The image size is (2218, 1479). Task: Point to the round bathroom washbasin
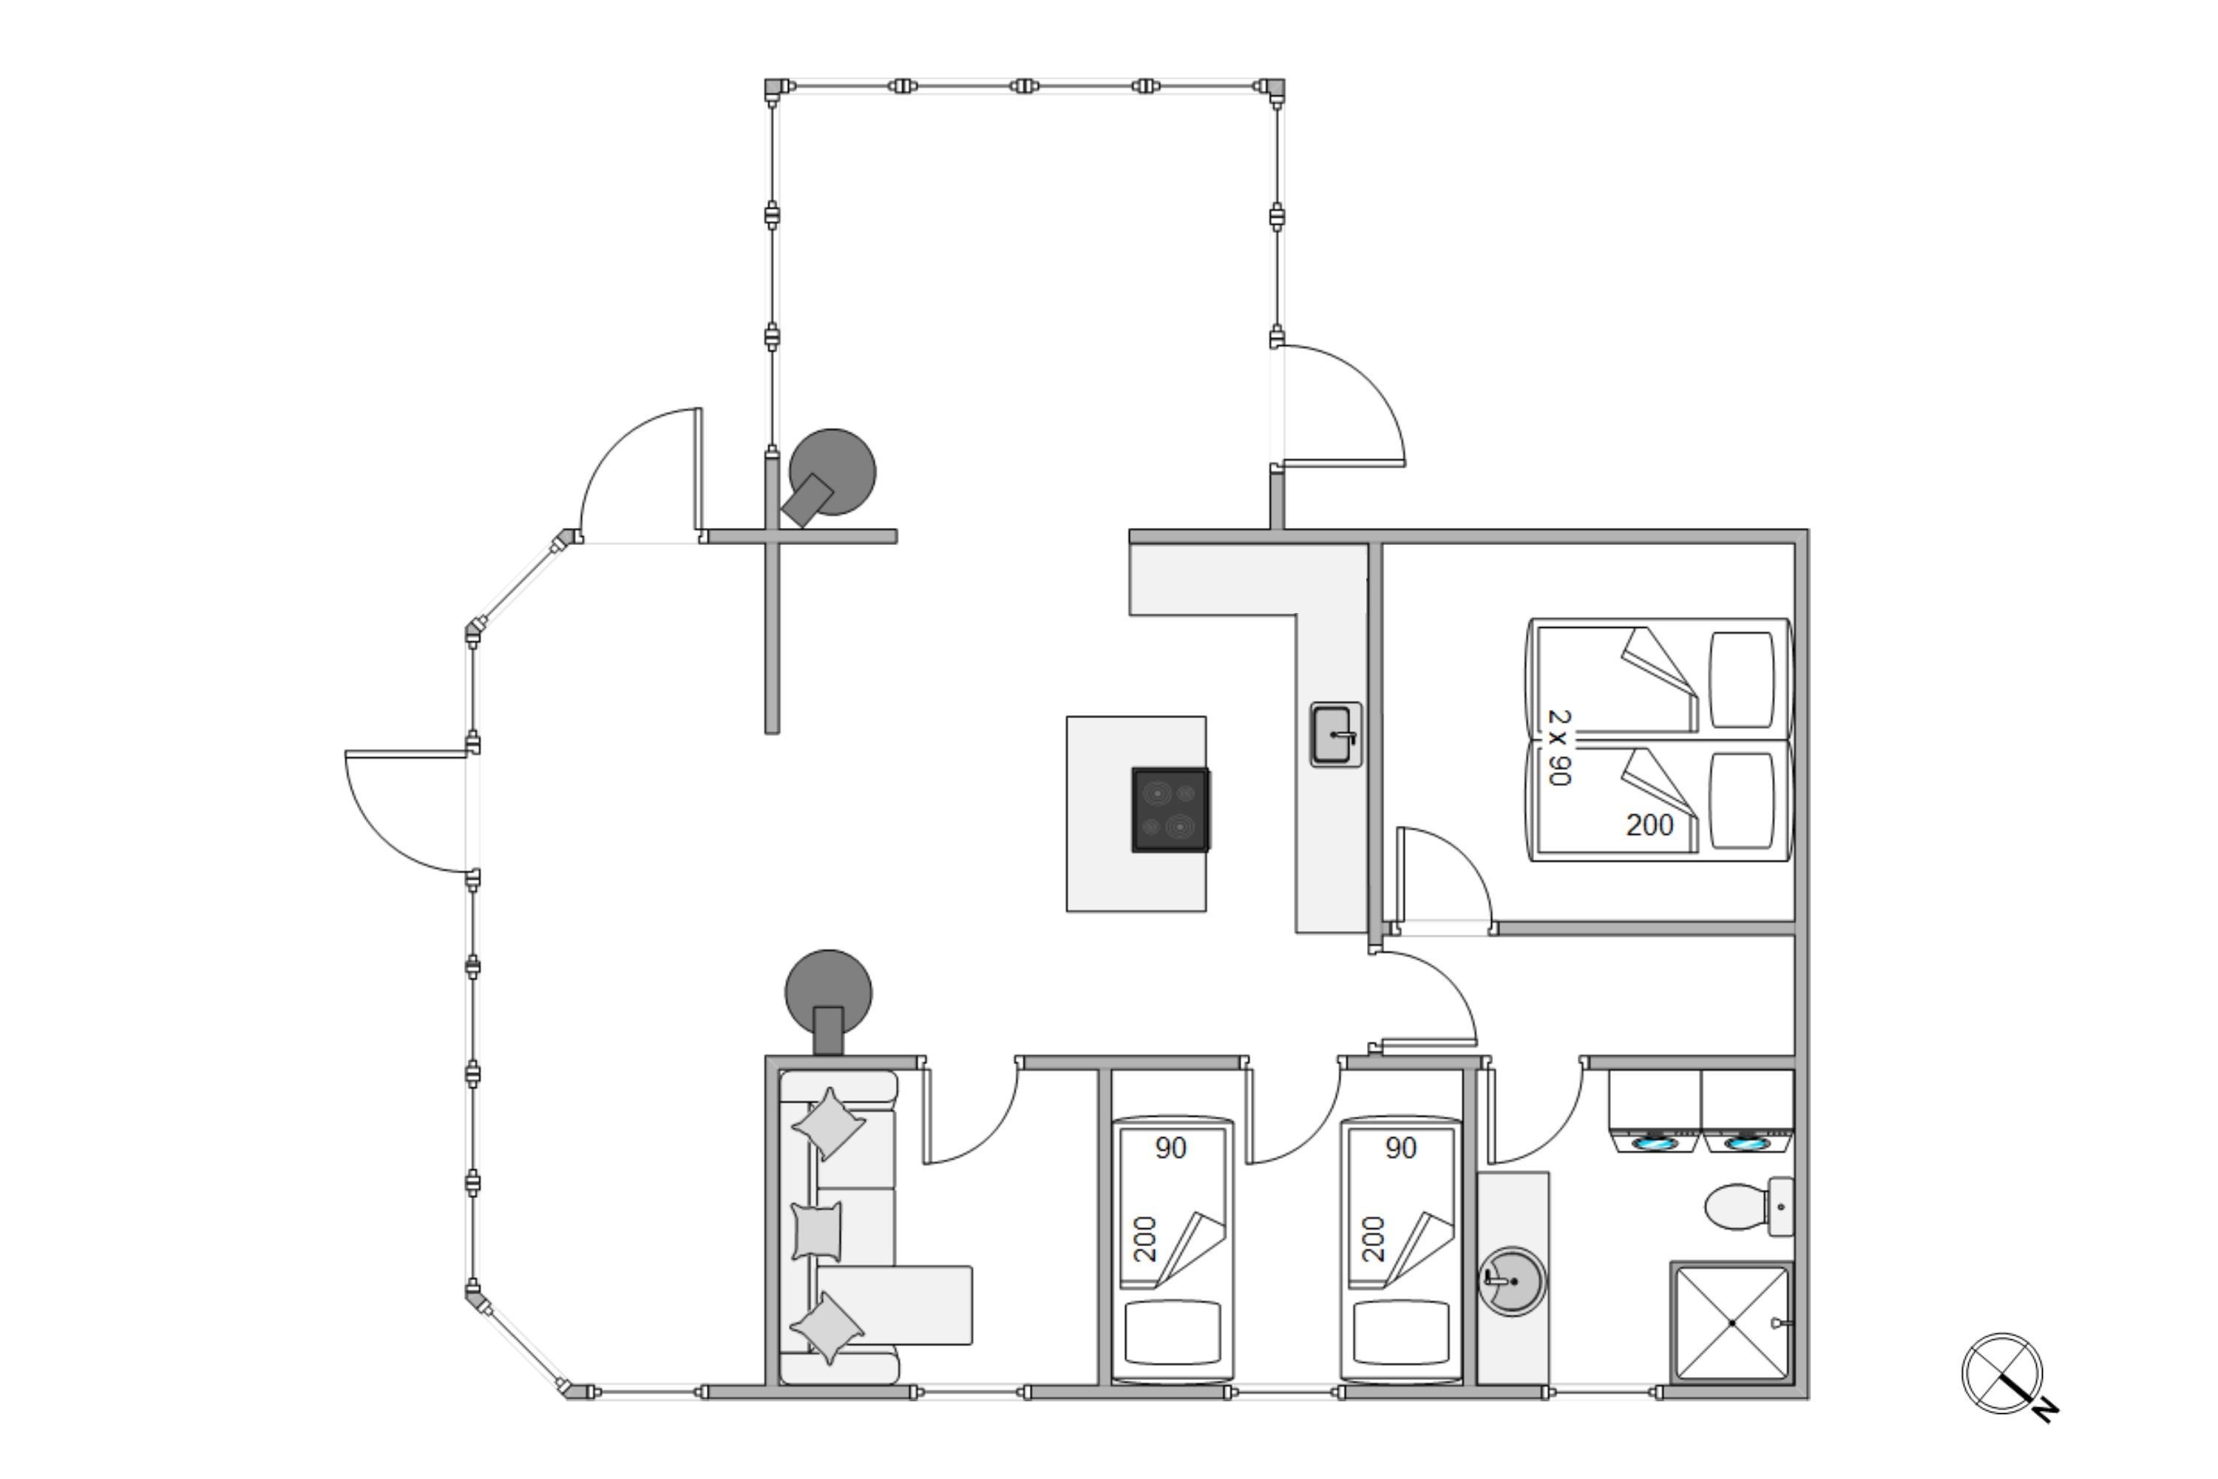click(1512, 1281)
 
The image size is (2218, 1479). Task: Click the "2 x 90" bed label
click(1560, 748)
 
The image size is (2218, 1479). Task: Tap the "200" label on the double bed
click(1649, 825)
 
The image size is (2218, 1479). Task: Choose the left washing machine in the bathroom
click(1655, 1111)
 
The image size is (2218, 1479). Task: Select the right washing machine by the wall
click(1748, 1111)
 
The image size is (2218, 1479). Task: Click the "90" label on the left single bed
click(1170, 1148)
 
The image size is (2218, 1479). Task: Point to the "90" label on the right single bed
click(1401, 1148)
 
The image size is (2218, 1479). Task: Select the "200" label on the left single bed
click(1144, 1239)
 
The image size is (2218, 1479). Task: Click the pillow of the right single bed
click(1401, 1332)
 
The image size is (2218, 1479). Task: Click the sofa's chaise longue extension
click(894, 1305)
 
